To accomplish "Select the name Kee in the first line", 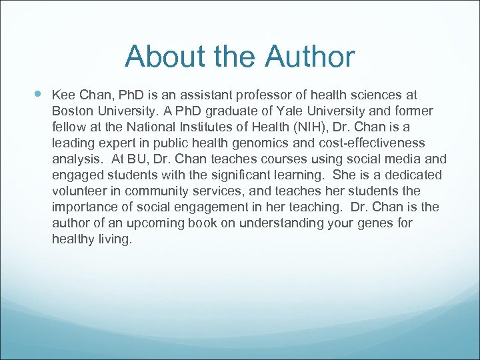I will (64, 95).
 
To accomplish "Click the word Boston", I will (72, 111).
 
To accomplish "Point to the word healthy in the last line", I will (72, 239).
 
